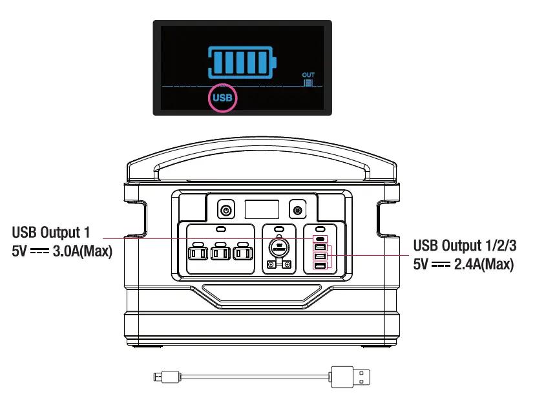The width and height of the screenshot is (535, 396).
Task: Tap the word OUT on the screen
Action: pos(308,76)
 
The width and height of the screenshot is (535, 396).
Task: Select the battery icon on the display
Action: pos(242,61)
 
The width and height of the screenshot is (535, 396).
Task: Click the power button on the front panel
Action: pos(226,211)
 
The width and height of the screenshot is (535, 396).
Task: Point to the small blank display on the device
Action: pos(262,209)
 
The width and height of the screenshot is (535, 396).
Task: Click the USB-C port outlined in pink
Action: pos(320,238)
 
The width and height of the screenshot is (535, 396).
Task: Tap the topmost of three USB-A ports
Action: pos(320,247)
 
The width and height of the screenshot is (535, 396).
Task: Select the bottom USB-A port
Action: pos(320,265)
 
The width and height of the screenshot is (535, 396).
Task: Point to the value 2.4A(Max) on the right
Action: pos(481,264)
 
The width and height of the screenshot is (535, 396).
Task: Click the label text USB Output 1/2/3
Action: pos(463,246)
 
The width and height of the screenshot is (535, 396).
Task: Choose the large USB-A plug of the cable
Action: pos(351,375)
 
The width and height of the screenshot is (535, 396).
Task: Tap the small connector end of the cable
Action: pos(159,375)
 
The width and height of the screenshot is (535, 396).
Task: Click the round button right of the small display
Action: pos(297,211)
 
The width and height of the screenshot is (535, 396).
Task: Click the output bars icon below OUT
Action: pos(309,83)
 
